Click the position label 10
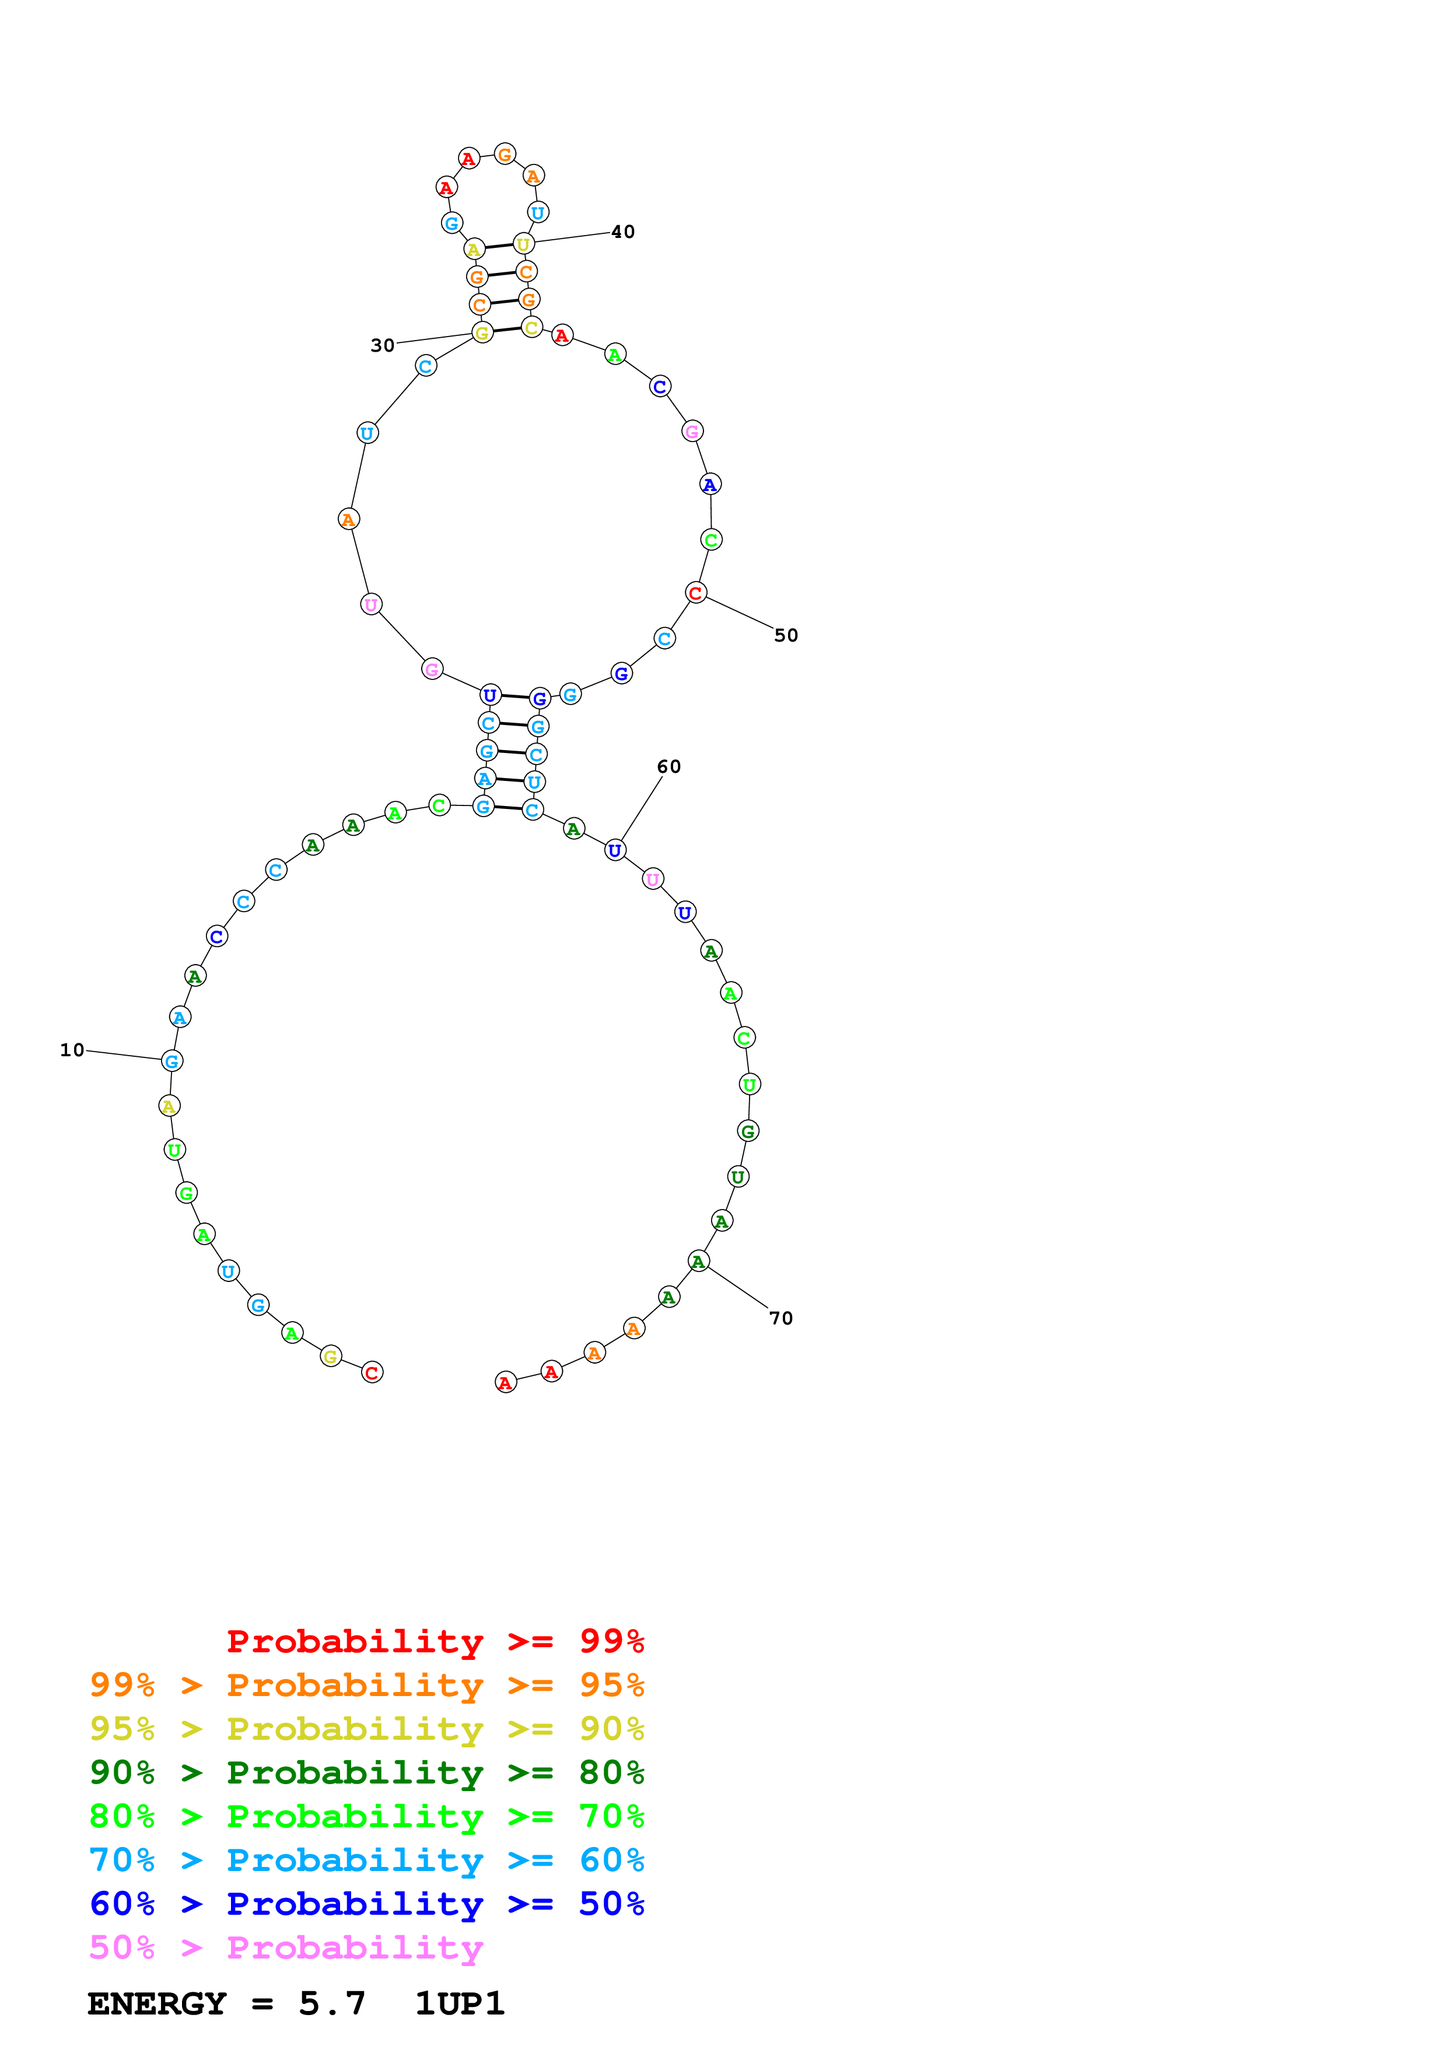(72, 1050)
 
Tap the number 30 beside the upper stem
(382, 345)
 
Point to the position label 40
(623, 232)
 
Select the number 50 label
(786, 635)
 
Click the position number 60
(669, 766)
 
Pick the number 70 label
(782, 1318)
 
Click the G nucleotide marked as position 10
(172, 1060)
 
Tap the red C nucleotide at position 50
(696, 593)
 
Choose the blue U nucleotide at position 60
(615, 850)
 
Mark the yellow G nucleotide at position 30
(482, 333)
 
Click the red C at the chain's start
(372, 1372)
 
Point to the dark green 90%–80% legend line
(366, 1772)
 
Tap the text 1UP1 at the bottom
(460, 2003)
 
